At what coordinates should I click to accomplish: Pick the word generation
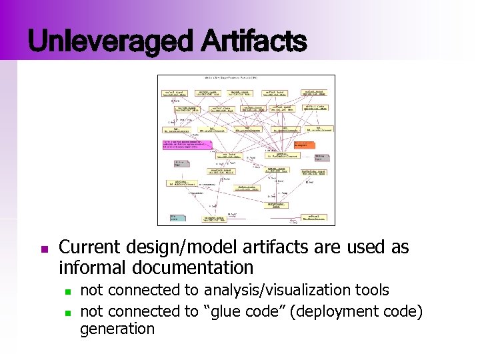coord(117,328)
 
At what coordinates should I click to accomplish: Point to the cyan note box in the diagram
coord(177,217)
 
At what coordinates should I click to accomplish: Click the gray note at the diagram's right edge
coord(321,157)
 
